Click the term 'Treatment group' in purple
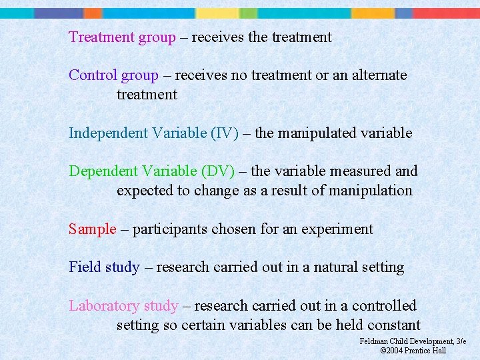[x=122, y=37]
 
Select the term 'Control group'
[x=113, y=75]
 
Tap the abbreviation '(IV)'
[x=224, y=133]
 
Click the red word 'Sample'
[x=92, y=229]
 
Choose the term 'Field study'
[x=104, y=267]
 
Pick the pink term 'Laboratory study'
[x=123, y=306]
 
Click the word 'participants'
[x=170, y=229]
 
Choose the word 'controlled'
[x=384, y=306]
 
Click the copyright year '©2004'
[x=393, y=351]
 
